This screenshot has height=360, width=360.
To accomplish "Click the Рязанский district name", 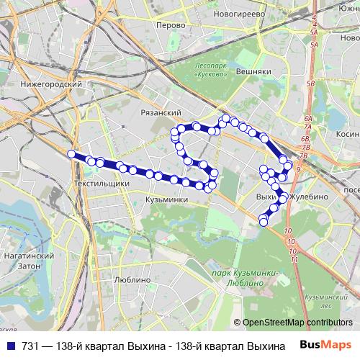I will [161, 112].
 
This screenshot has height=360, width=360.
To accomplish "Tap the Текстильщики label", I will [101, 184].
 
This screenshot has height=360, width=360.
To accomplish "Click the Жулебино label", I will [309, 196].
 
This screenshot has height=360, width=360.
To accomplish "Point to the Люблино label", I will [132, 279].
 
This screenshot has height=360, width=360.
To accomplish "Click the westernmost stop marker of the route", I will [71, 153].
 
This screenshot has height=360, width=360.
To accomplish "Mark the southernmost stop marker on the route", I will [264, 222].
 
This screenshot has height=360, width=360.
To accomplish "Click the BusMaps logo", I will [327, 346].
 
